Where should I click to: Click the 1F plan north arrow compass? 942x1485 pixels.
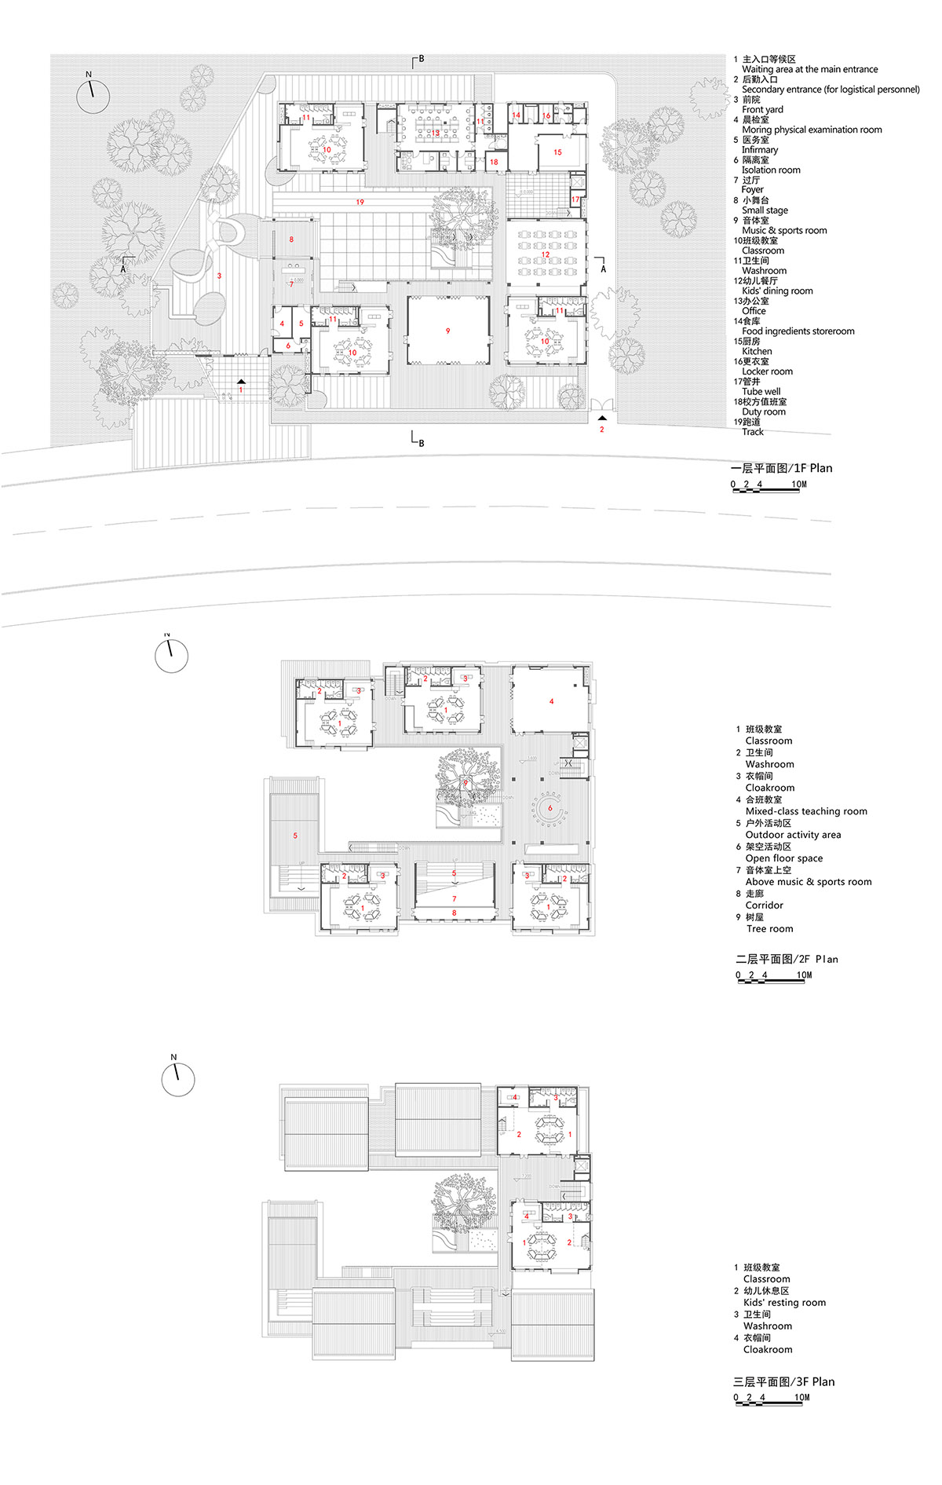pos(93,96)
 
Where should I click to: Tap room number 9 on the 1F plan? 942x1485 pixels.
pos(448,331)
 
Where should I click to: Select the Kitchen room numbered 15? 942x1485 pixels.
pos(557,152)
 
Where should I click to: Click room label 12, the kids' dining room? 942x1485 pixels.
pos(545,254)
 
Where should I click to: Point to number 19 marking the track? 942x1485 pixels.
pos(360,203)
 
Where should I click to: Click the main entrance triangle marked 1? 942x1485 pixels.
pos(241,382)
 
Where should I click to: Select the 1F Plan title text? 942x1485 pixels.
pos(781,468)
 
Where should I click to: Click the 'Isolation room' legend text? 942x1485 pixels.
pos(771,170)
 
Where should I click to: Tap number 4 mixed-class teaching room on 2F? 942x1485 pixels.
pos(552,701)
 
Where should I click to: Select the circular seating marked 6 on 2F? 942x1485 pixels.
pos(549,808)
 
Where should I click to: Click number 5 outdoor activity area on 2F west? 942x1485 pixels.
pos(295,836)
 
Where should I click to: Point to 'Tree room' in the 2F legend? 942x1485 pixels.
pos(769,929)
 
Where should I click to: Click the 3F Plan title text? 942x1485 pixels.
pos(783,1381)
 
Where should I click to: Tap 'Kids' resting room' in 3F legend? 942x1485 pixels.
pos(784,1302)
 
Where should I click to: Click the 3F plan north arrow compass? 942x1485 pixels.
pos(178,1080)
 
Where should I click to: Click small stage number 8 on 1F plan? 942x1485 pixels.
pos(291,240)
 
